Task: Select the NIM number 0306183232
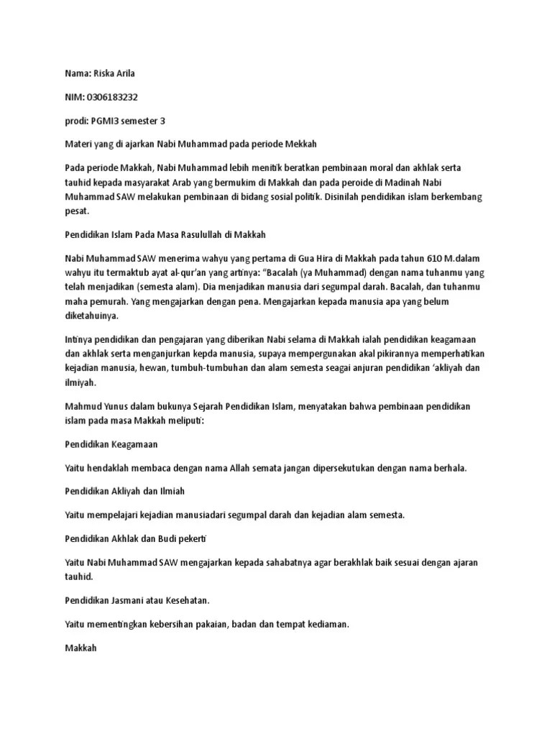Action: [x=111, y=97]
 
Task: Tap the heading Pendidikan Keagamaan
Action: [x=111, y=444]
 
